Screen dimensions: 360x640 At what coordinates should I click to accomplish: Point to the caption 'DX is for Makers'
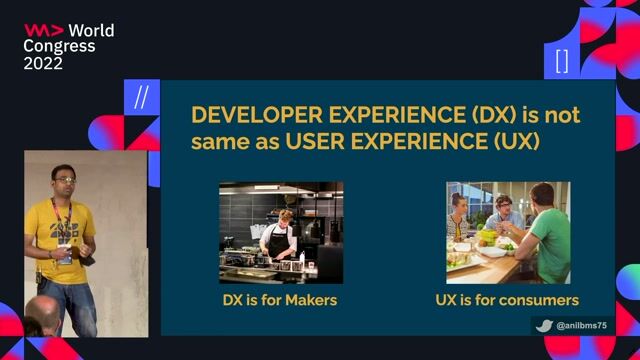(x=280, y=300)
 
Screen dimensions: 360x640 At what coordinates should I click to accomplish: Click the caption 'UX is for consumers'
(x=507, y=300)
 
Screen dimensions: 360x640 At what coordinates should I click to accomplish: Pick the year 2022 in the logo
(x=43, y=63)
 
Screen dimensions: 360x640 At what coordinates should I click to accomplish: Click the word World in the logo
(x=91, y=30)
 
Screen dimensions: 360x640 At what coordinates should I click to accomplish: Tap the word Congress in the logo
(x=59, y=46)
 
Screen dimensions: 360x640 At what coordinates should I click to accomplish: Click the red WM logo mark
(x=43, y=30)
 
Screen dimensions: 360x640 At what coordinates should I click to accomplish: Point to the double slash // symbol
(x=141, y=97)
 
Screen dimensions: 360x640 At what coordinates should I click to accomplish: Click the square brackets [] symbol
(x=561, y=60)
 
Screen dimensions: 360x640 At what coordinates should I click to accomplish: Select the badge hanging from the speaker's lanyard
(x=65, y=255)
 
